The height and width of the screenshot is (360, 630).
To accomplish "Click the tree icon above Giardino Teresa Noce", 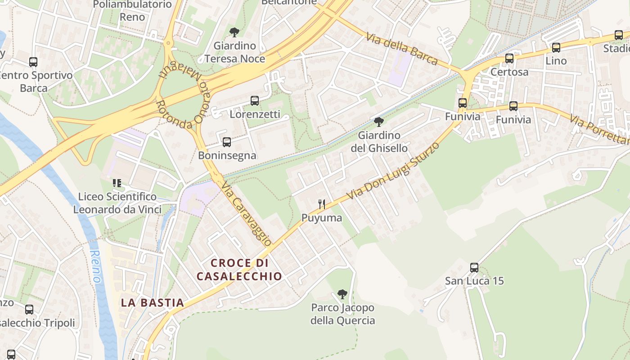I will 234,32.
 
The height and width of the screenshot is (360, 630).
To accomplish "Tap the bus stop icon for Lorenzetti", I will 255,101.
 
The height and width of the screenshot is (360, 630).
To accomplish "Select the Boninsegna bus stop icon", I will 227,142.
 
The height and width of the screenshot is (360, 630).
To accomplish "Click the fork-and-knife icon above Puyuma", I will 322,204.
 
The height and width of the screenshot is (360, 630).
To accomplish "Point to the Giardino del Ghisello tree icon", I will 379,121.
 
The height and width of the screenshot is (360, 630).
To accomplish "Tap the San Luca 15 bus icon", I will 474,268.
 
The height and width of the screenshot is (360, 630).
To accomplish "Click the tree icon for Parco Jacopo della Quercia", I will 342,294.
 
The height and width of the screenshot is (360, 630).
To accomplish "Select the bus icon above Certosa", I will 509,58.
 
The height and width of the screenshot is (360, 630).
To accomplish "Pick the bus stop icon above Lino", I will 556,47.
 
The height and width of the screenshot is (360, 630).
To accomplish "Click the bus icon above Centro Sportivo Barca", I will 33,62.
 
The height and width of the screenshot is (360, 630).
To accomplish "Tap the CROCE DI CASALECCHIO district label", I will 239,269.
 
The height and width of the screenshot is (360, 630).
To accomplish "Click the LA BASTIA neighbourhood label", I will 153,303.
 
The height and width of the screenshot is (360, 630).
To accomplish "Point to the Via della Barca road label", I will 401,49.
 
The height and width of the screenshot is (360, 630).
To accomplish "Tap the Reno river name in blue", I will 96,266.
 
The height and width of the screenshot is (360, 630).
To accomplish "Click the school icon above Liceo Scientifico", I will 117,183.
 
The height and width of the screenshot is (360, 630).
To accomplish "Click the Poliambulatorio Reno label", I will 132,11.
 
